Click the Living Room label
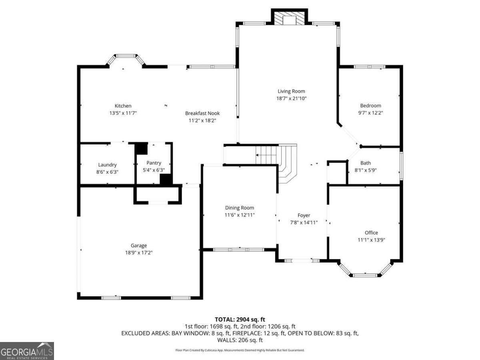click(291, 91)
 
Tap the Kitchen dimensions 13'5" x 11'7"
click(123, 113)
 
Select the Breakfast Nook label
click(202, 113)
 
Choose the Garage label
click(139, 246)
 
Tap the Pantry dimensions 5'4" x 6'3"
click(154, 170)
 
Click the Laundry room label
click(107, 165)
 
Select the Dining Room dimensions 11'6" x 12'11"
click(240, 215)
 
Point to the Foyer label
click(304, 215)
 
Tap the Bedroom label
click(370, 106)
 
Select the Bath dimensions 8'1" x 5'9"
click(366, 170)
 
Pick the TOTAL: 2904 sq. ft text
click(240, 319)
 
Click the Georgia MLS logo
click(27, 351)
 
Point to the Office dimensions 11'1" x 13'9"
click(371, 240)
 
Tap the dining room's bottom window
click(238, 250)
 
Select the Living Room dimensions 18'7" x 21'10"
click(291, 98)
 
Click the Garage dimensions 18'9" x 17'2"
click(139, 253)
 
